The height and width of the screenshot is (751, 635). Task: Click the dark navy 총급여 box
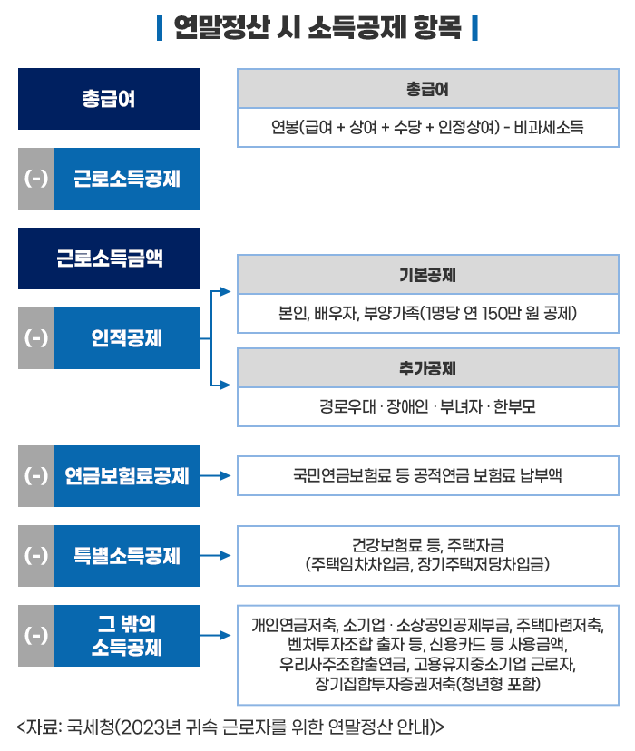[x=109, y=99]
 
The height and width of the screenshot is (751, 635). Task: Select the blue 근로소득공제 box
[x=127, y=179]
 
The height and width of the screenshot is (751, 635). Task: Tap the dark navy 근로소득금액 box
[x=109, y=258]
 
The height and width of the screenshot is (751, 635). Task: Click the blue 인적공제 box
[x=127, y=338]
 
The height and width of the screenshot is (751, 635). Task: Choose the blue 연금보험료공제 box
[x=127, y=476]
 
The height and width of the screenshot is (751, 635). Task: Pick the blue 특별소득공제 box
[x=127, y=556]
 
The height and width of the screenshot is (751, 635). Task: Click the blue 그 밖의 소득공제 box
[x=127, y=636]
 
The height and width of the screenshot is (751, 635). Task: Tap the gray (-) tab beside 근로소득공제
[x=36, y=179]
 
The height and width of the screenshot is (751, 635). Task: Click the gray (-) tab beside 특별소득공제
[x=36, y=556]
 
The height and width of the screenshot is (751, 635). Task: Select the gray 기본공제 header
[x=428, y=275]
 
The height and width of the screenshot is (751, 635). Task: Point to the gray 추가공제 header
[x=428, y=368]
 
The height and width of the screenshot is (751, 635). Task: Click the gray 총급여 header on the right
[x=428, y=89]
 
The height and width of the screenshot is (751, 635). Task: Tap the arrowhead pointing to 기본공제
[x=225, y=291]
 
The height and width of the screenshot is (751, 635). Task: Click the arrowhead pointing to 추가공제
[x=225, y=385]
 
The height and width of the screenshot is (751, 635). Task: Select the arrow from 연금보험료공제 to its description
[x=216, y=475]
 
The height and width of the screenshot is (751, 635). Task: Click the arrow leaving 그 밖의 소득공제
[x=216, y=635]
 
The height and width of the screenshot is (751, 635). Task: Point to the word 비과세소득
[x=548, y=127]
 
